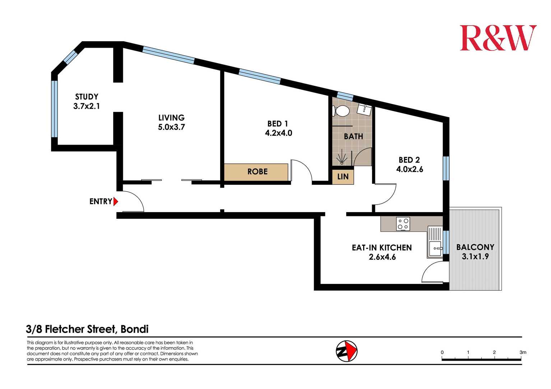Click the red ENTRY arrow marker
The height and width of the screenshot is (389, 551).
116,202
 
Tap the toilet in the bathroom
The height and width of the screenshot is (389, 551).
341,111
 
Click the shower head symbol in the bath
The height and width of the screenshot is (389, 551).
342,158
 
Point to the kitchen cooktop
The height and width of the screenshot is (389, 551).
403,224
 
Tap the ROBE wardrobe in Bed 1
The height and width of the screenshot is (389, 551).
256,172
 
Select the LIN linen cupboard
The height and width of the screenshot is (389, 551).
343,177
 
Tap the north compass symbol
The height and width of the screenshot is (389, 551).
347,351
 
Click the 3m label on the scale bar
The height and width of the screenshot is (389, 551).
523,352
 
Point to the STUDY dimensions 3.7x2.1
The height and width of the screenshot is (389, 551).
86,106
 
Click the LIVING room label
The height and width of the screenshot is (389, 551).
171,118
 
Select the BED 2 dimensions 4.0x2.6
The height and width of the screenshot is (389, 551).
409,169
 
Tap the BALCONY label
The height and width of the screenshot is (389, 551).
475,247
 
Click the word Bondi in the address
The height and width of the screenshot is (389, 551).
135,329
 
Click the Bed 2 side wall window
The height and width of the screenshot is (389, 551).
446,168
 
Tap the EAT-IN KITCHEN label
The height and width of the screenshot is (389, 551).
382,248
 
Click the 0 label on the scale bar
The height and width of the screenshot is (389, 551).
442,352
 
